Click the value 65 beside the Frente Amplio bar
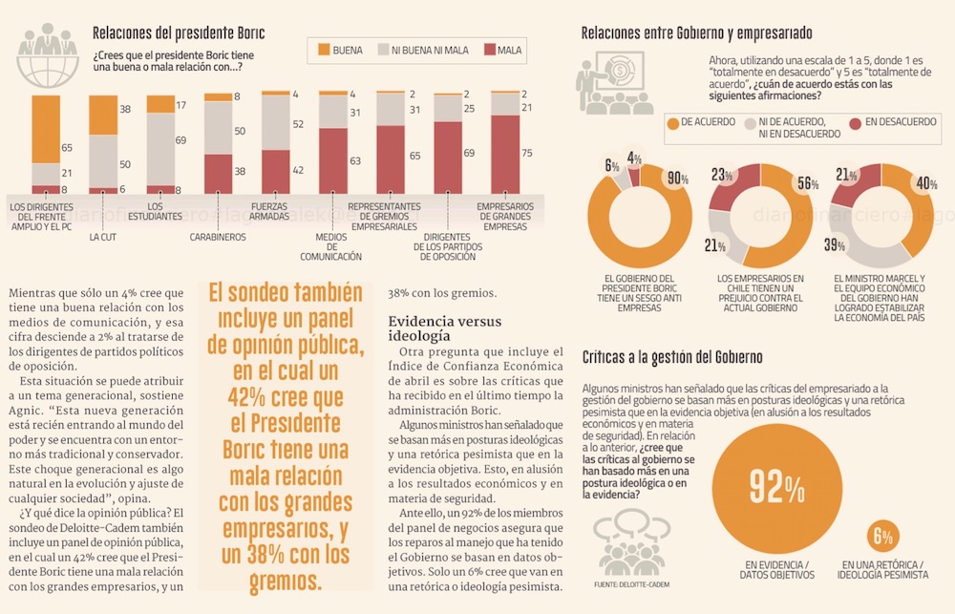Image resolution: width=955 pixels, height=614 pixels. point(67,148)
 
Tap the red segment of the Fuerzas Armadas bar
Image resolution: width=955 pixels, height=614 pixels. point(275,172)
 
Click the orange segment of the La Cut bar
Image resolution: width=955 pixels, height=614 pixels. point(103,115)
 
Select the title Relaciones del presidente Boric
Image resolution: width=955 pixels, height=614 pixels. point(179,34)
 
